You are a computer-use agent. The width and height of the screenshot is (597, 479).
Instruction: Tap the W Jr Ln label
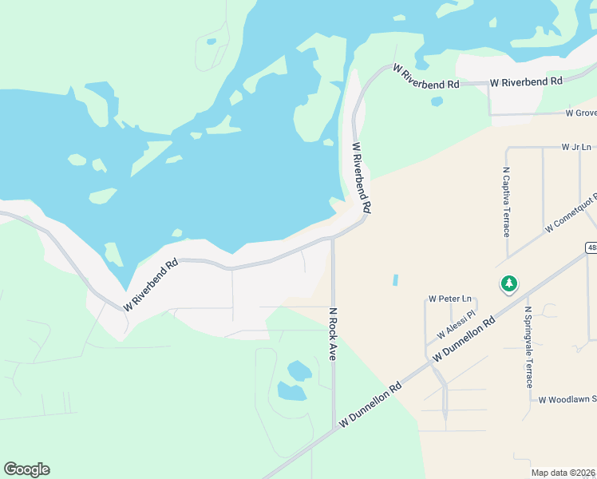tap(575, 147)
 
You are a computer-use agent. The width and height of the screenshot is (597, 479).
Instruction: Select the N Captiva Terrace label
tap(506, 202)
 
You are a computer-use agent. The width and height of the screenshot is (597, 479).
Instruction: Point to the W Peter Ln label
tap(445, 299)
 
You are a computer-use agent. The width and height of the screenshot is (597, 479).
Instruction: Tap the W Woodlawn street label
tap(567, 399)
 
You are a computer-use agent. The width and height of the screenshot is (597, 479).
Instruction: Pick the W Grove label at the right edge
tap(580, 113)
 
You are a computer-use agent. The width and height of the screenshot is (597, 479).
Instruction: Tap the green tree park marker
tap(508, 283)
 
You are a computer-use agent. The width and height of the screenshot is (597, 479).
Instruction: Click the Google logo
tap(26, 469)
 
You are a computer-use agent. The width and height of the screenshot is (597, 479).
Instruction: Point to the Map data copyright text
tap(563, 473)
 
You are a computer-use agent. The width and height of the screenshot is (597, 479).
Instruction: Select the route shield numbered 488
tap(591, 247)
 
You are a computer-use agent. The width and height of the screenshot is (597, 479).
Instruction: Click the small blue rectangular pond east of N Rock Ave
tap(394, 280)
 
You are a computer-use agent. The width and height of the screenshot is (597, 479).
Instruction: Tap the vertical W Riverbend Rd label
tap(362, 176)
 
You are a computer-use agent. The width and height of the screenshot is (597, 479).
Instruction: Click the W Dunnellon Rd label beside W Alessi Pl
tap(463, 341)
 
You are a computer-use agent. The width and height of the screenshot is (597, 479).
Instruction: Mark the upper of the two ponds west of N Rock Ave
tap(298, 370)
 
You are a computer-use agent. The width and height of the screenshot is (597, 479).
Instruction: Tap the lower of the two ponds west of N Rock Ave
tap(291, 391)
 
